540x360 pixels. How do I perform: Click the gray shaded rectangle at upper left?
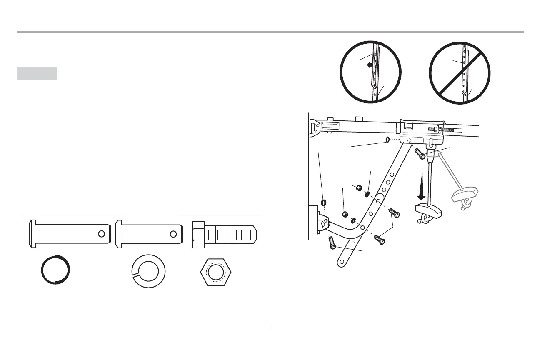[37, 74]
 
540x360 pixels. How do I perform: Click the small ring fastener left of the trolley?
[388, 140]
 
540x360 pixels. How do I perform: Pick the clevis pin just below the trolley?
[420, 155]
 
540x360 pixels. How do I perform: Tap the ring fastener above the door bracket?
[323, 203]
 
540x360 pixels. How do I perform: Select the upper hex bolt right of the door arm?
[394, 213]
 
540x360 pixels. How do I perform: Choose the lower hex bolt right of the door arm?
[379, 239]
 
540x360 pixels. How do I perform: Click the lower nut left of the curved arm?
[345, 215]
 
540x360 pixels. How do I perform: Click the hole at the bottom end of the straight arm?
[342, 262]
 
